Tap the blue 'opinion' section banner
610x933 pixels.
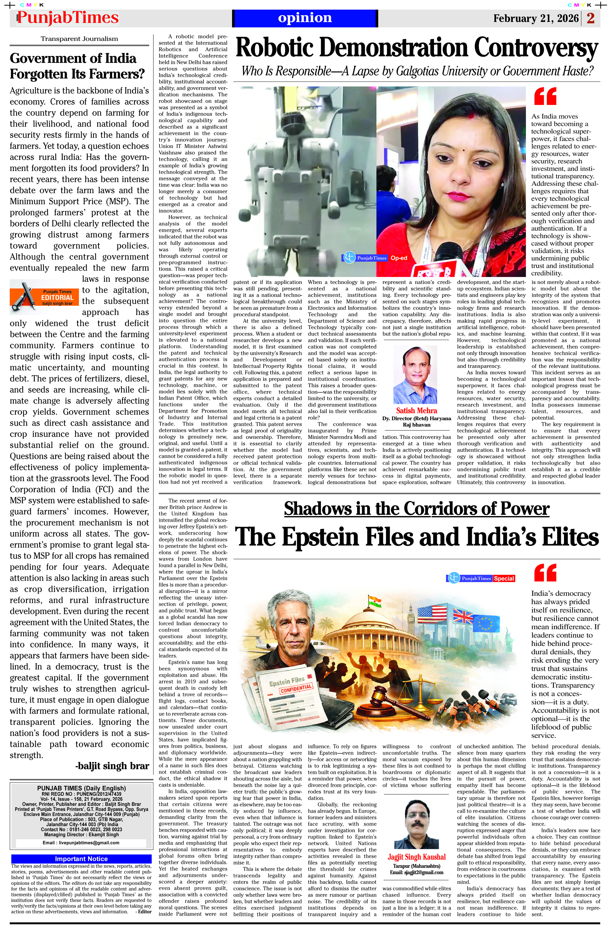(305, 18)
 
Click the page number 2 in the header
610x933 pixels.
(590, 18)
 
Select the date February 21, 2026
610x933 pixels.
(536, 18)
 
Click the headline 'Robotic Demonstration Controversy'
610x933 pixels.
(416, 48)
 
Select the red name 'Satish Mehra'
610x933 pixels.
(416, 411)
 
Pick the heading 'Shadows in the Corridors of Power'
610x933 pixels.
(416, 508)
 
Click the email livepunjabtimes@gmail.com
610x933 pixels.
(81, 842)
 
